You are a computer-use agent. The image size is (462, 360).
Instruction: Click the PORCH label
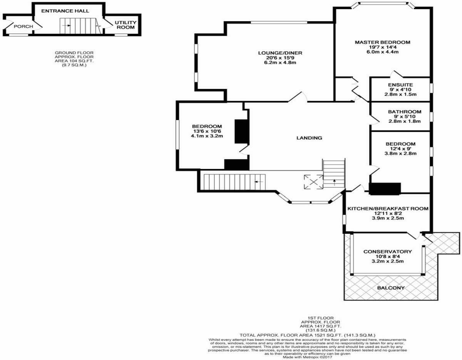23,27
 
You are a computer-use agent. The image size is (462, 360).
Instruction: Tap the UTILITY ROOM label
126,25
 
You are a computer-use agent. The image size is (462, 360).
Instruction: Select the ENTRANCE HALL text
65,11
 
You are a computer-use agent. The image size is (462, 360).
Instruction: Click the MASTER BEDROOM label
382,42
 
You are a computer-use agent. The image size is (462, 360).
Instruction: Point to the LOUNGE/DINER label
280,53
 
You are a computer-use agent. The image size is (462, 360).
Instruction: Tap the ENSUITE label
400,85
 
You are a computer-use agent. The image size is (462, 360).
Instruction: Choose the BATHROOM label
405,112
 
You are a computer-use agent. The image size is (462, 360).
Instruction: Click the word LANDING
309,138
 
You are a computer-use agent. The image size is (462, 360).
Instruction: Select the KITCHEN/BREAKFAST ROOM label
388,208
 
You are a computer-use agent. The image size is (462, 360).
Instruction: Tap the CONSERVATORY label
388,252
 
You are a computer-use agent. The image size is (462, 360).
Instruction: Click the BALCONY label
391,288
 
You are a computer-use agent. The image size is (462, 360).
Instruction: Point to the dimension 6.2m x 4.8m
280,62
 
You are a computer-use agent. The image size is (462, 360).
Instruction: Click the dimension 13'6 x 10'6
207,131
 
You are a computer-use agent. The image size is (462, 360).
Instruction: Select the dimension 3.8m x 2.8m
400,153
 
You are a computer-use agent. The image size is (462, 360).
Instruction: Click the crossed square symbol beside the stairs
313,182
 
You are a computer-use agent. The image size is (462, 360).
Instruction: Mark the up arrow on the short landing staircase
334,182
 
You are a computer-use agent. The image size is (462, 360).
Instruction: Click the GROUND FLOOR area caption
74,59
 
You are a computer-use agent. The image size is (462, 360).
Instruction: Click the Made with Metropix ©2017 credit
307,357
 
